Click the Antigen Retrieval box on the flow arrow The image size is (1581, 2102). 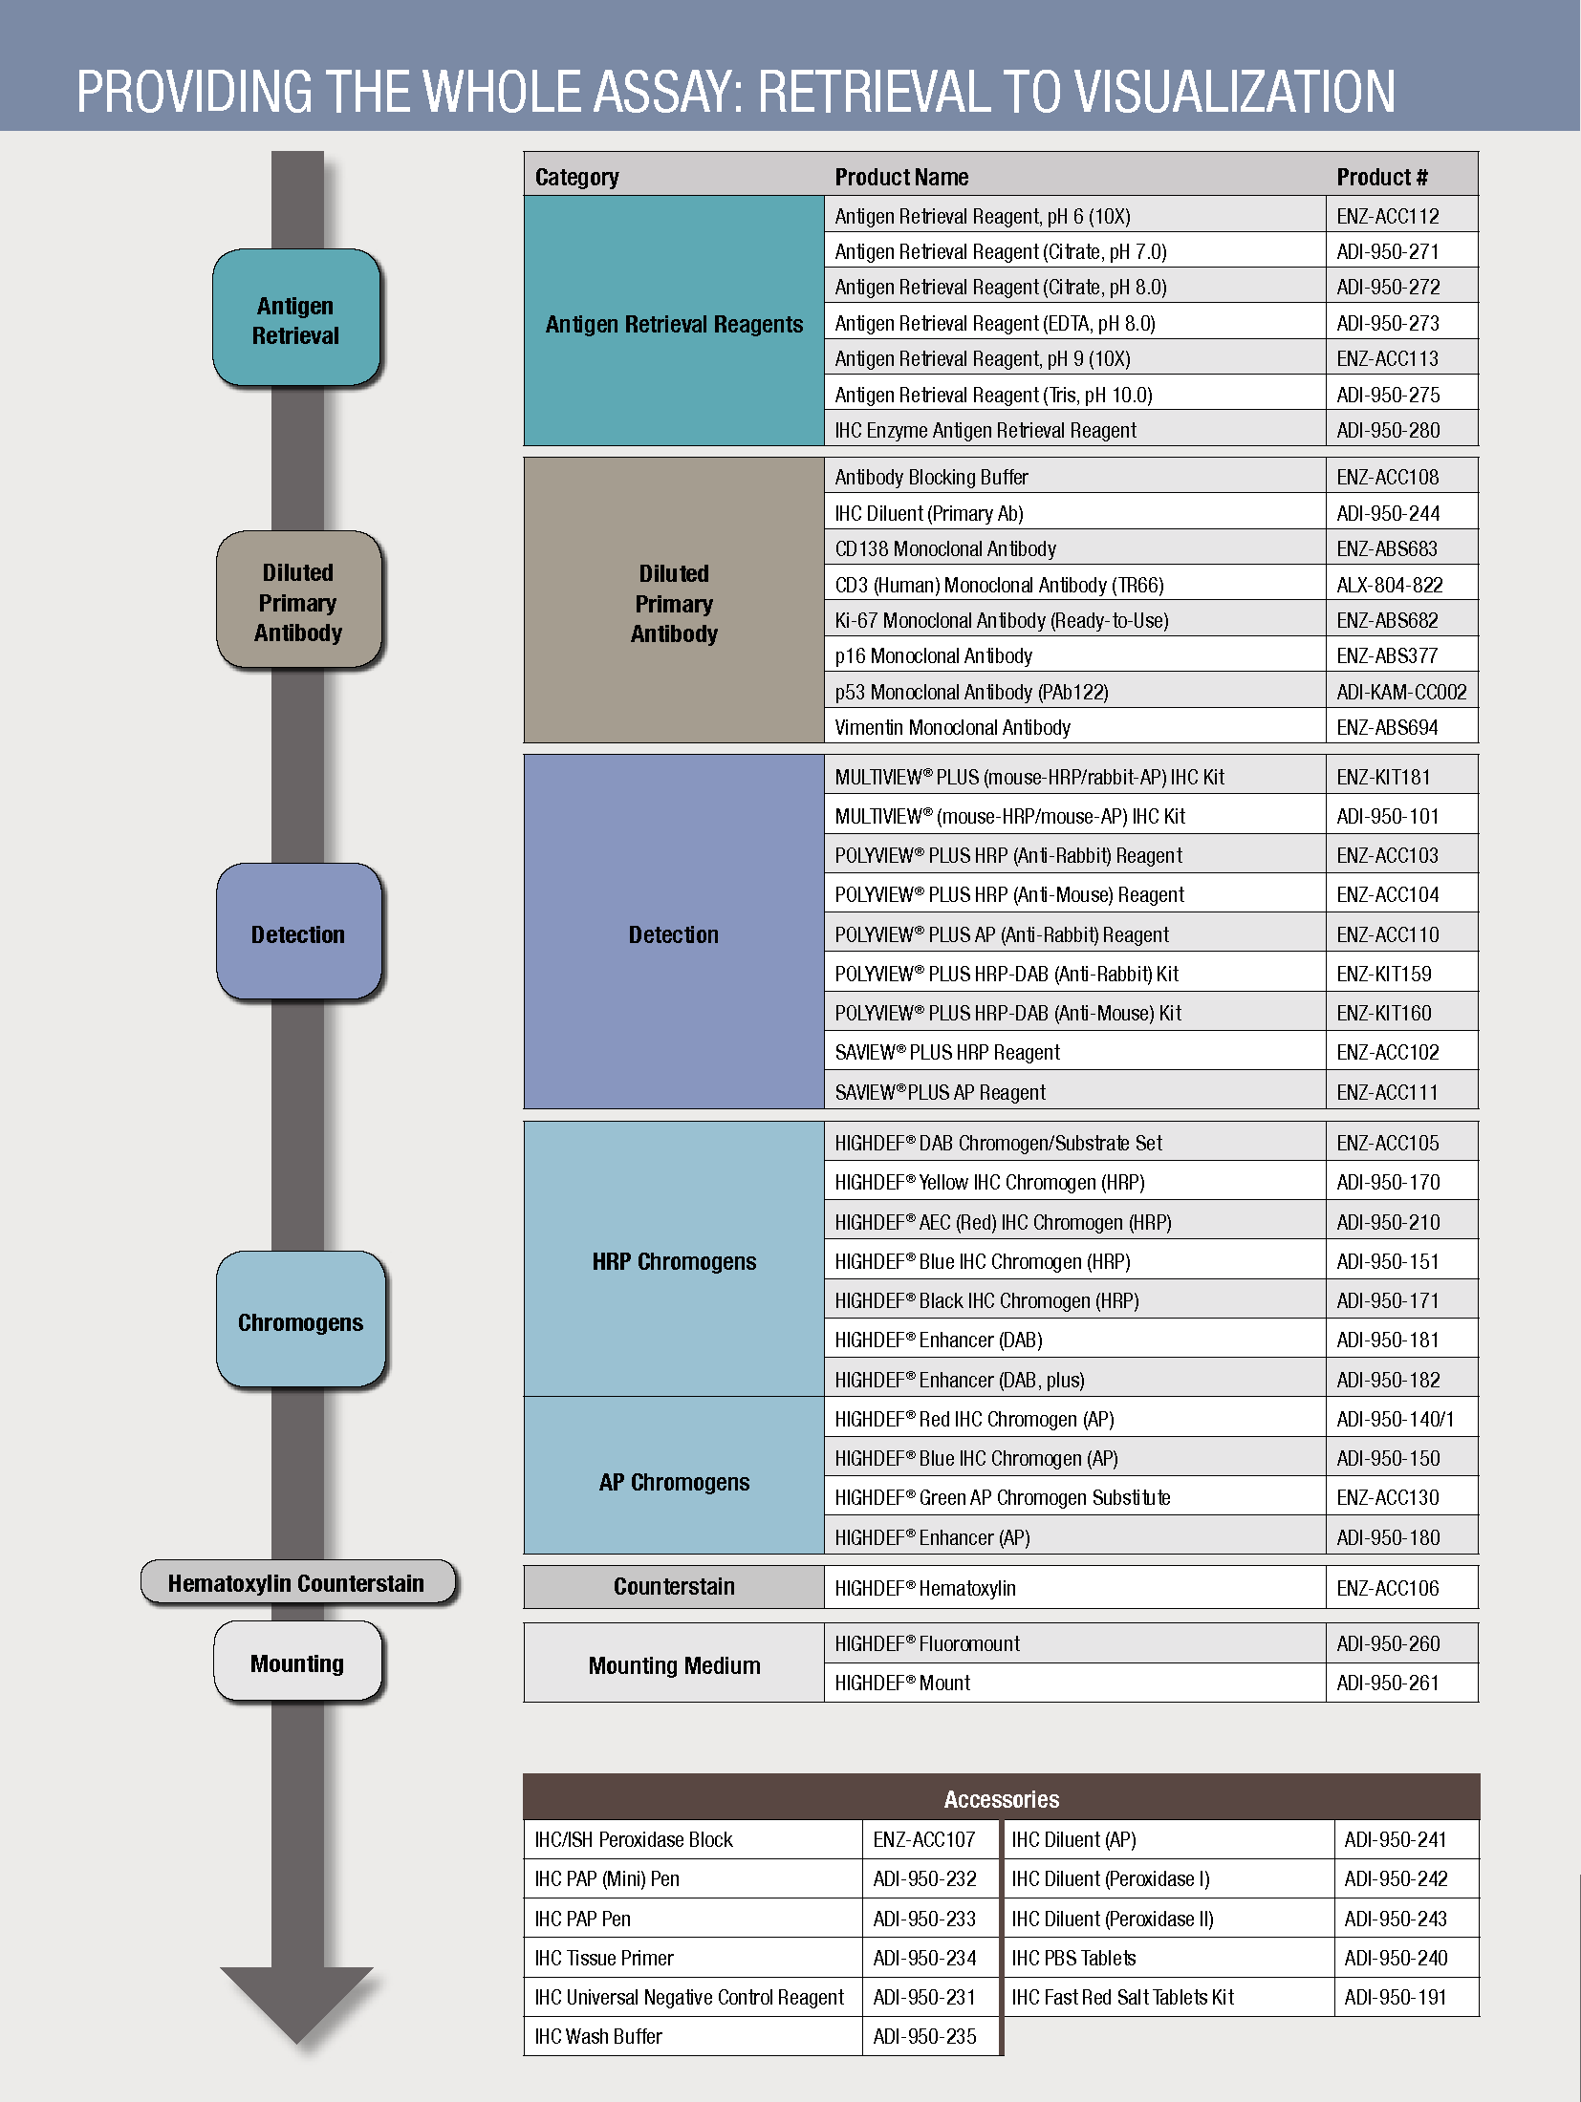click(296, 319)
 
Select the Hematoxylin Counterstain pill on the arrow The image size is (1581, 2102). click(296, 1583)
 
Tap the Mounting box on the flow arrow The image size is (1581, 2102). click(297, 1663)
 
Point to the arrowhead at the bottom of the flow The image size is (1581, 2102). click(296, 2002)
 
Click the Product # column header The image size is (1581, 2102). click(1381, 177)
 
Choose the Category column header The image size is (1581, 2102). click(576, 177)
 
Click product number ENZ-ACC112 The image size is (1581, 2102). click(1387, 216)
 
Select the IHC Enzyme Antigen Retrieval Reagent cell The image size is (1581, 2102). click(985, 430)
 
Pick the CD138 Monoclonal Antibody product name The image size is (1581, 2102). click(945, 548)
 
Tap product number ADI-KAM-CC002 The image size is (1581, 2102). click(1400, 692)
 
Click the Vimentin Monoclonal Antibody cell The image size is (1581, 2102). click(952, 727)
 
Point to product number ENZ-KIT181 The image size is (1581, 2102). click(1383, 777)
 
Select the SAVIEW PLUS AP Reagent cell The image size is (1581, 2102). click(940, 1092)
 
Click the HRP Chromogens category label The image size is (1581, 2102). click(674, 1261)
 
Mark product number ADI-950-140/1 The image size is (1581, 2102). click(1395, 1419)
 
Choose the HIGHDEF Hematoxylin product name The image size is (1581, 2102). click(924, 1588)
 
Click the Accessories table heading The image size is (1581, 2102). click(1001, 1799)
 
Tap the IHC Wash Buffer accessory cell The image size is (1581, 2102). click(598, 2036)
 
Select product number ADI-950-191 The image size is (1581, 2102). click(1395, 1997)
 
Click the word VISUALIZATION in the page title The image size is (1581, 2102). click(1235, 92)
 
